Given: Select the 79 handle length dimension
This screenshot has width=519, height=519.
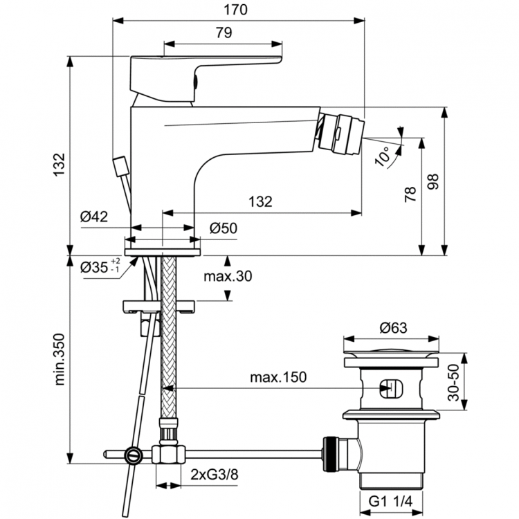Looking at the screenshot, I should coord(223,33).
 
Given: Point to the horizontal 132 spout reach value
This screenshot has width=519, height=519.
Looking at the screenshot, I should coord(259,201).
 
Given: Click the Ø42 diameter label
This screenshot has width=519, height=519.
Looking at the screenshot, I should coord(93,217).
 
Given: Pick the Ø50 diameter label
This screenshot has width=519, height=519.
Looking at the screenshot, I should coord(223,228).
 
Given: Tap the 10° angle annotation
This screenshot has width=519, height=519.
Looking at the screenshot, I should coord(382,156).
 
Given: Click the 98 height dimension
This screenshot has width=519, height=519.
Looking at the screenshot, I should coord(433,181).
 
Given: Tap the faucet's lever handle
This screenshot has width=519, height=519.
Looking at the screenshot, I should coord(208,66).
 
